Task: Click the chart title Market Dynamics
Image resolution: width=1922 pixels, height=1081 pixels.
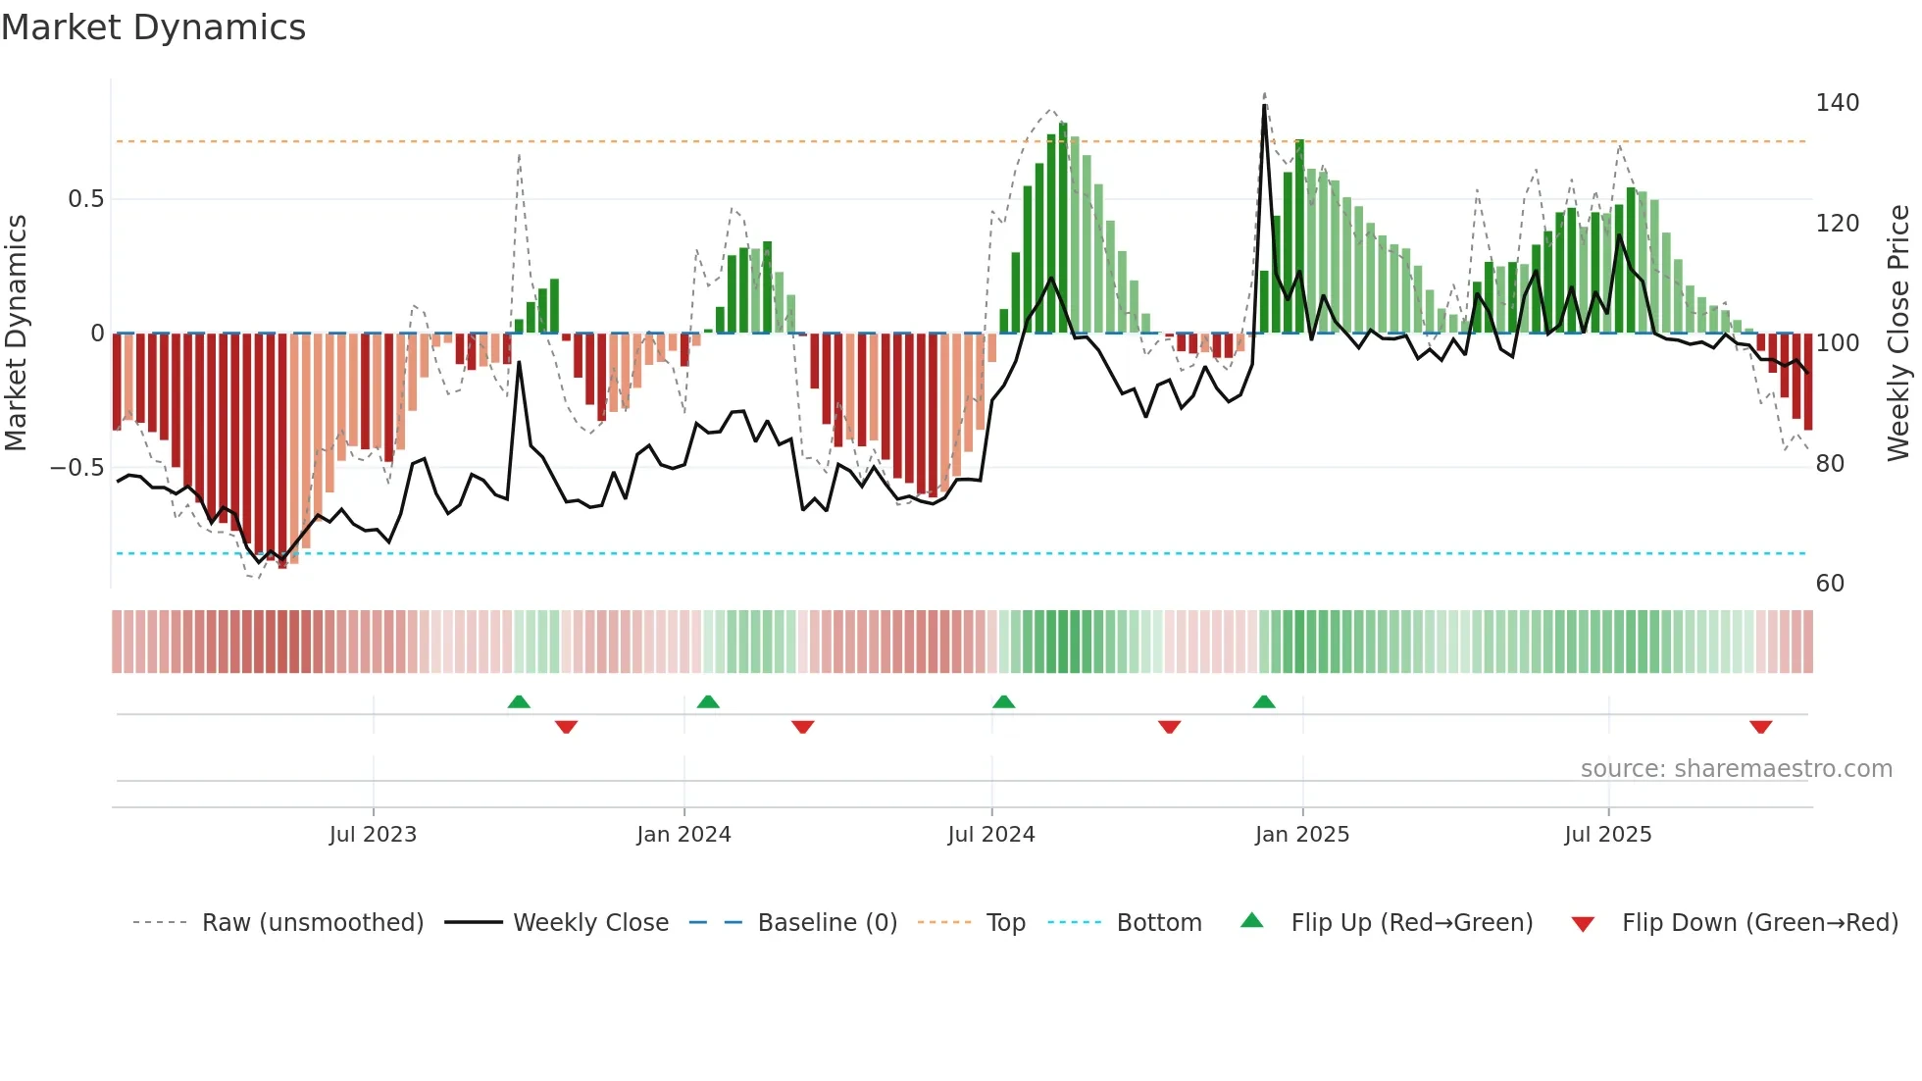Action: click(153, 27)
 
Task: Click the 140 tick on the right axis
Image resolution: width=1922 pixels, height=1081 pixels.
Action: click(1837, 103)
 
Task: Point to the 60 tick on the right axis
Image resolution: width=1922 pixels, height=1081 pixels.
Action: click(1830, 584)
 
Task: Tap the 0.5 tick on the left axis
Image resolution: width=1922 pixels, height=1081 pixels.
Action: click(85, 199)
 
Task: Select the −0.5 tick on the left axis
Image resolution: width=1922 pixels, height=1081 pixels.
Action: click(77, 468)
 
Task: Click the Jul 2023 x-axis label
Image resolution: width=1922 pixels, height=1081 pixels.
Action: click(373, 835)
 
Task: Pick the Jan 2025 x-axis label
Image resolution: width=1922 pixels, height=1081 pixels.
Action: click(1301, 835)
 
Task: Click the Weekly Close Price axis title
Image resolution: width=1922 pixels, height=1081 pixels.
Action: click(1898, 334)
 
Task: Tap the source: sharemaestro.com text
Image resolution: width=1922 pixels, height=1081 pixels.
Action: click(1736, 769)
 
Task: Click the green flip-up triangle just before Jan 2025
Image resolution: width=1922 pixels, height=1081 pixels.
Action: click(1264, 701)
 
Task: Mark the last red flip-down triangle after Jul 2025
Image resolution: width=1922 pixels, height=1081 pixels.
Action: click(1760, 727)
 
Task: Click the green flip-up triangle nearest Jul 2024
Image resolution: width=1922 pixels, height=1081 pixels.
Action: click(1003, 701)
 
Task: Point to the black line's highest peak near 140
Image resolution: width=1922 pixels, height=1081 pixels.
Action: click(1264, 106)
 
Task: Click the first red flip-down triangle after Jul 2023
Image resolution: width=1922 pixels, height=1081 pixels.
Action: click(566, 727)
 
